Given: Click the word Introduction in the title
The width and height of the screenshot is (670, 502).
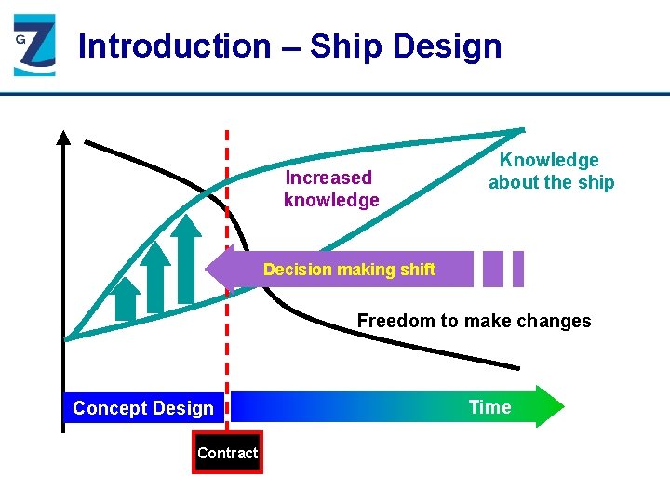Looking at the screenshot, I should click(173, 46).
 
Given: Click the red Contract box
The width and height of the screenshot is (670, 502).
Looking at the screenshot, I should click(227, 453).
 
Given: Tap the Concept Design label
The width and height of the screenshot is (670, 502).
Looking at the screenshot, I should click(143, 408).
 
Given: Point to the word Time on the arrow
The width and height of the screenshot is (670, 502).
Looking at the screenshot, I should click(489, 407).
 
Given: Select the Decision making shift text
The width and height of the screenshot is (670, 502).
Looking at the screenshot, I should click(349, 270).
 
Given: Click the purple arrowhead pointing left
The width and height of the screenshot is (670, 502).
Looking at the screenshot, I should click(221, 270).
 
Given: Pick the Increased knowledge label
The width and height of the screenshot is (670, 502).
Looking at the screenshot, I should click(330, 189).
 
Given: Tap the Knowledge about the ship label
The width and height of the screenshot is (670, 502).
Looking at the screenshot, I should click(551, 171).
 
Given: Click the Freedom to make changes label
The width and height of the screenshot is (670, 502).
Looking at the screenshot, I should click(474, 321).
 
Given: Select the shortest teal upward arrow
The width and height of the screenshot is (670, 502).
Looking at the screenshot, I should click(124, 299).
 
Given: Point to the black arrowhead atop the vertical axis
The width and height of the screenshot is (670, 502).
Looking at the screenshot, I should click(63, 139).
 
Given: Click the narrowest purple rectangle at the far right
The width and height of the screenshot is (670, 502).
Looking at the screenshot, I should click(518, 269).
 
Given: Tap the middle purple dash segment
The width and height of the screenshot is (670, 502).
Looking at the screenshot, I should click(493, 269).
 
